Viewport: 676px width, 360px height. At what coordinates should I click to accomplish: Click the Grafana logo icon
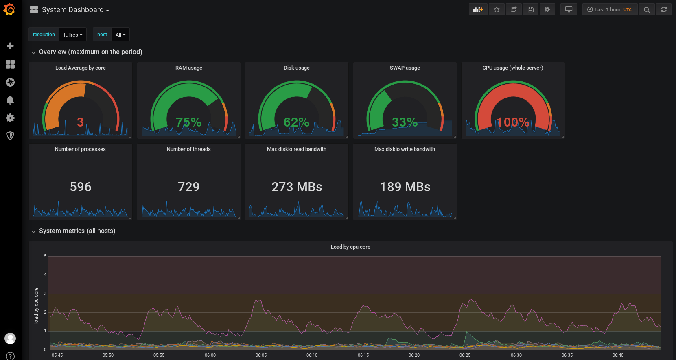[9, 9]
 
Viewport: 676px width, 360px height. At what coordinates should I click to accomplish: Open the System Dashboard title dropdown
[75, 10]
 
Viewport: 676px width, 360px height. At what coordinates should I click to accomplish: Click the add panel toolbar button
[478, 9]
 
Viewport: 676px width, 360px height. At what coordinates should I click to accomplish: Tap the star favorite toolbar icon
[497, 9]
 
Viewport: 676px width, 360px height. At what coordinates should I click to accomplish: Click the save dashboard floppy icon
[530, 9]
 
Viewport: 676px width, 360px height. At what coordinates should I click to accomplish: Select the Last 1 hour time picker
[609, 9]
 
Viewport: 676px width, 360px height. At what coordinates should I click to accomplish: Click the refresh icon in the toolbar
[663, 9]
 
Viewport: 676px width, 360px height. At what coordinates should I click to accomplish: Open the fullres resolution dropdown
[73, 35]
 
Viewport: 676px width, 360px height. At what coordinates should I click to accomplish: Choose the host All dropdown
[120, 35]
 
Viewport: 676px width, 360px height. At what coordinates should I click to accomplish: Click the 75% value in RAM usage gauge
[188, 122]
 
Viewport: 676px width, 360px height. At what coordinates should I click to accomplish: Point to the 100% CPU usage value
[513, 122]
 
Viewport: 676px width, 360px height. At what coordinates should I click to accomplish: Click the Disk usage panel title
[296, 68]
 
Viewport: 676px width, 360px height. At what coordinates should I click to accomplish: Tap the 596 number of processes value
[81, 187]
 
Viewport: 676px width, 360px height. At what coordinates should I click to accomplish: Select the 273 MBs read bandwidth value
[297, 187]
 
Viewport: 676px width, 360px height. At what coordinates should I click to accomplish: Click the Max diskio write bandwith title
[405, 149]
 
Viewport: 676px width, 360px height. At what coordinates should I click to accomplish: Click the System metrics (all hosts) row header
[77, 231]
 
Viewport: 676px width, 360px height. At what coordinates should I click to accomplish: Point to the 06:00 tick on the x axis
[210, 355]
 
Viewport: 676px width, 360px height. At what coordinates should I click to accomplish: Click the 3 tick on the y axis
[45, 293]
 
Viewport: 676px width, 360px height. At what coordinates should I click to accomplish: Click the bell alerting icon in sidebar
[10, 100]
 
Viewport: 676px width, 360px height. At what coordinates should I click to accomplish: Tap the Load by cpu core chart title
[350, 247]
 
